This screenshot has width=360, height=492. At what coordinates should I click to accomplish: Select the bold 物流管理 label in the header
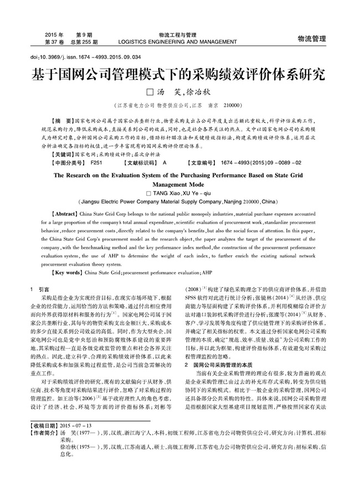[x=311, y=38]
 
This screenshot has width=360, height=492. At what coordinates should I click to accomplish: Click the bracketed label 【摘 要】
[x=61, y=120]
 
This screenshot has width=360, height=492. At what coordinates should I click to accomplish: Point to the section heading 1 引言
[x=39, y=289]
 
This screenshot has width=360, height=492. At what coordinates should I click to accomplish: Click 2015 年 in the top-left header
[x=54, y=34]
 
